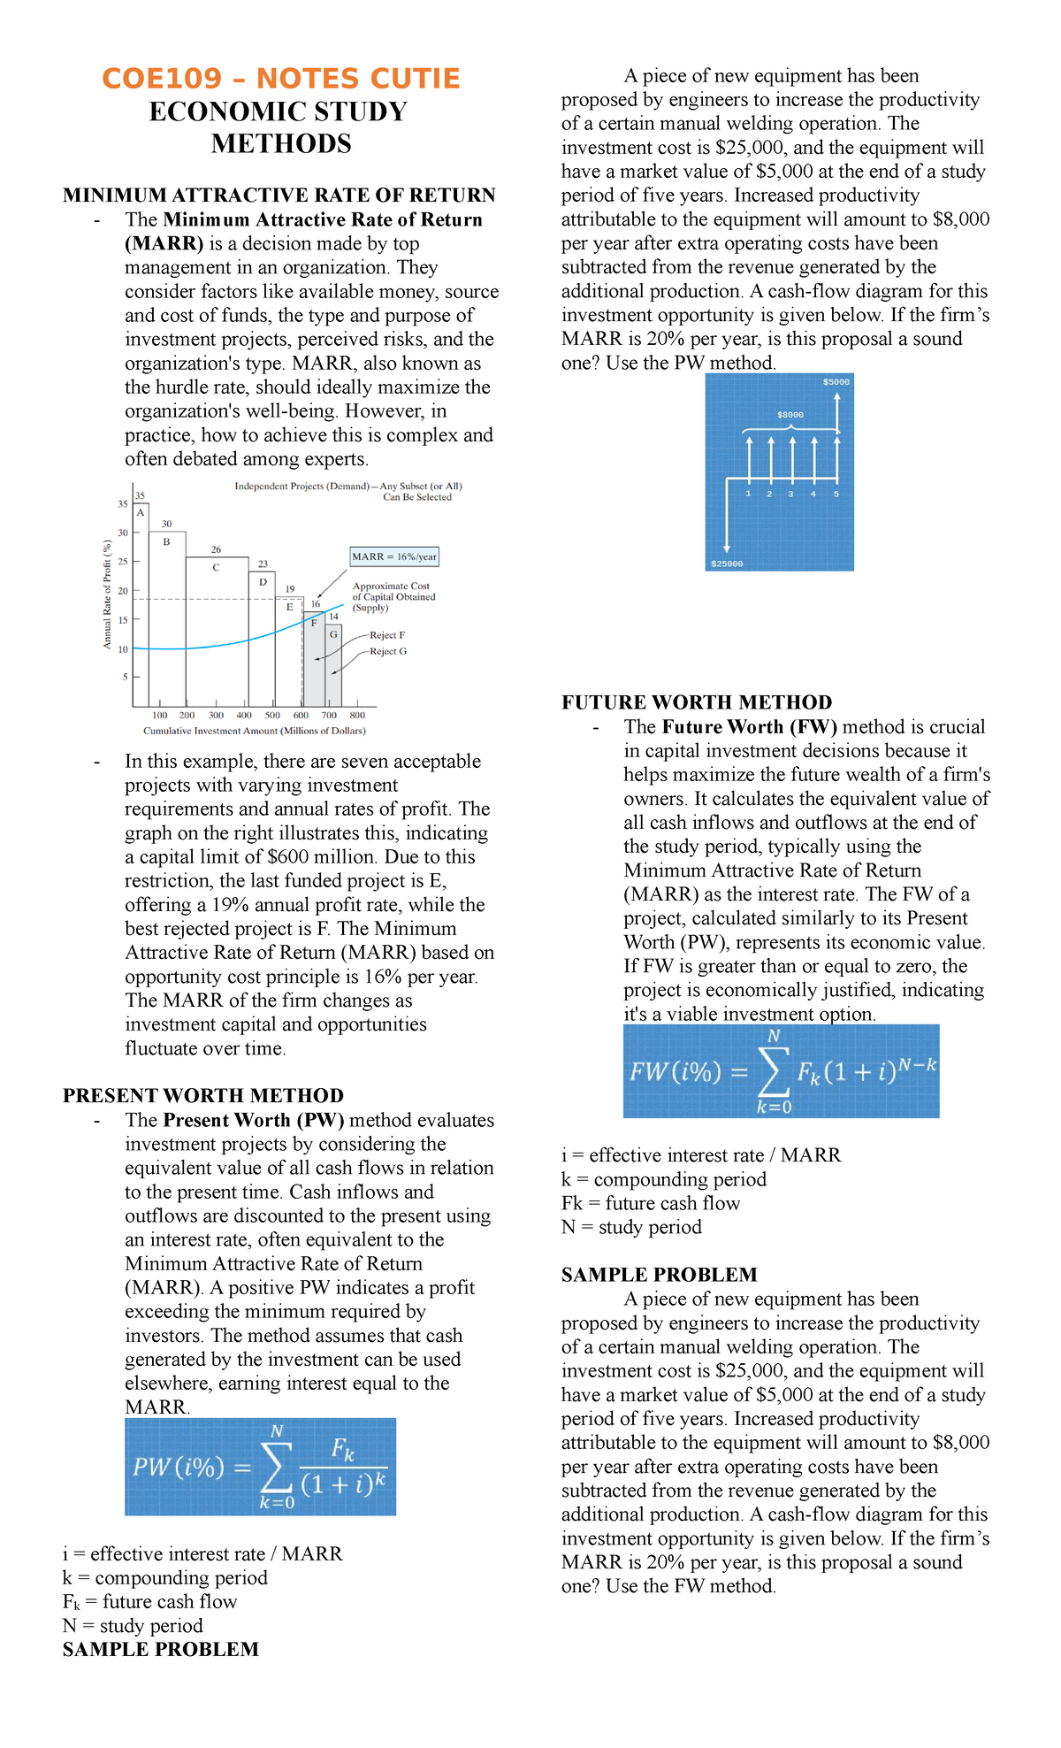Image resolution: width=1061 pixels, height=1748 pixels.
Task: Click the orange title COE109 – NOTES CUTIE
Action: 281,79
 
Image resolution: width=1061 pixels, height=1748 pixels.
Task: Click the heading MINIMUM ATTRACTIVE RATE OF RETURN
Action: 279,195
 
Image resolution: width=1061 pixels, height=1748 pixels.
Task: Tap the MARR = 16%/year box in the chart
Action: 394,556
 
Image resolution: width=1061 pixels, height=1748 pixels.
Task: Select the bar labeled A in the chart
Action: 141,602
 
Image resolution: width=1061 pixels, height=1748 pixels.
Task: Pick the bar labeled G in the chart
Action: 333,663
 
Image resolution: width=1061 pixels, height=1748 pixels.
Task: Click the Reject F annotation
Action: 387,635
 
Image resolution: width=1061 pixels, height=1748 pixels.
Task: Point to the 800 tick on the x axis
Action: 357,715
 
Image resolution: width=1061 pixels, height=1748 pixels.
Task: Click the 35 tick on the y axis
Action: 123,504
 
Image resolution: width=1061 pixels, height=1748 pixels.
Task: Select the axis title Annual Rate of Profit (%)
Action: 107,594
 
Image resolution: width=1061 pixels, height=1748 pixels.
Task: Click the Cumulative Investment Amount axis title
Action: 255,731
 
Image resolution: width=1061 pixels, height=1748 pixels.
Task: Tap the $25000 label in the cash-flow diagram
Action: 727,563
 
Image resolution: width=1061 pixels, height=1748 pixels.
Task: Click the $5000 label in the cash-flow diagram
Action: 836,382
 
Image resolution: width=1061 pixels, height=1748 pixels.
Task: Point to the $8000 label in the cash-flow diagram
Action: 790,414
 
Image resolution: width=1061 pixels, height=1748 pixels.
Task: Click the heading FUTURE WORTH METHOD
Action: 697,702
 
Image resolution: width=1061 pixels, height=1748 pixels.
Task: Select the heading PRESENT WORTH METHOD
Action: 203,1095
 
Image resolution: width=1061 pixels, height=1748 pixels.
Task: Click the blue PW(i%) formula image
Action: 260,1467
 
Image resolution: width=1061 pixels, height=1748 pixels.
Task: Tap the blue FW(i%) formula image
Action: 781,1071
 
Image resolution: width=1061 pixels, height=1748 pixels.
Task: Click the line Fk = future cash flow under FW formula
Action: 651,1203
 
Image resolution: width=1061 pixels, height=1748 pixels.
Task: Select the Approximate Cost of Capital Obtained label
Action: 393,596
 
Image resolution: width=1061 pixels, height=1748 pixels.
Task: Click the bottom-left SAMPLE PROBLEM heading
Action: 161,1649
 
